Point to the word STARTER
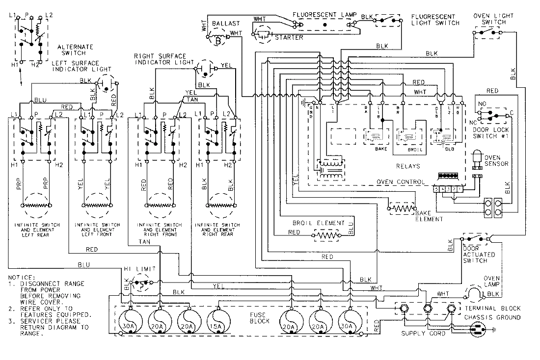pos(289,37)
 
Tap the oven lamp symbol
pos(474,294)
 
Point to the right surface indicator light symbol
pos(203,69)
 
